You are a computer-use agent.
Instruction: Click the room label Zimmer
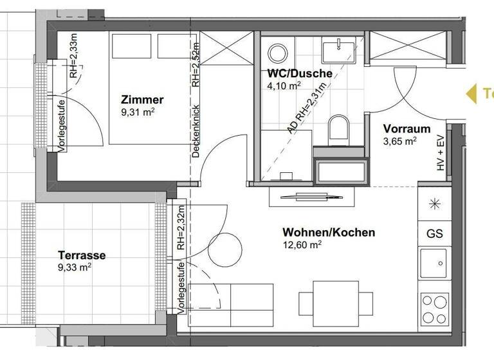point(142,100)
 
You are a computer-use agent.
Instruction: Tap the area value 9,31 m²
point(138,112)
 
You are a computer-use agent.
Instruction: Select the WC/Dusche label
point(300,73)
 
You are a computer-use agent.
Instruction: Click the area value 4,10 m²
point(285,85)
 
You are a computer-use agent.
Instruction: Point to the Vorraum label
point(407,129)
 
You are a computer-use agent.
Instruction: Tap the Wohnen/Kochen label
point(328,232)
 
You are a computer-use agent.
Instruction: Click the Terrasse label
point(82,255)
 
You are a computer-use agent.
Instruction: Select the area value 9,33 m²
point(75,267)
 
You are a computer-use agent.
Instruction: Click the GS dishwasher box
point(435,233)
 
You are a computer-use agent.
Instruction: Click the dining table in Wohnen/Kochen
point(336,301)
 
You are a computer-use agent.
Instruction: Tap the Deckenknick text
point(196,131)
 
